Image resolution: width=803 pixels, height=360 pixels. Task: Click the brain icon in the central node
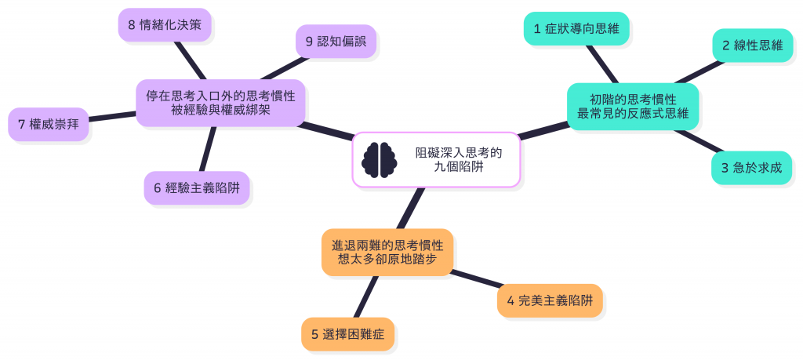(380, 159)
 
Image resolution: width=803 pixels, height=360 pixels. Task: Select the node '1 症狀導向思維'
(576, 28)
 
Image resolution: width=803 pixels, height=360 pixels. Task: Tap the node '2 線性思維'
(752, 45)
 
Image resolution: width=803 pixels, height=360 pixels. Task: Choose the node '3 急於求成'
(751, 168)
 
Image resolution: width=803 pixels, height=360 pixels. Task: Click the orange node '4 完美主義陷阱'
(550, 300)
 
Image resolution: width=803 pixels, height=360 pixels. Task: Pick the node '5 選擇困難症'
(347, 334)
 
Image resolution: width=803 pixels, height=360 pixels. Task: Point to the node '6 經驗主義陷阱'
(196, 188)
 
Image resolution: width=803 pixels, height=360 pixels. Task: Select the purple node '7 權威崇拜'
(48, 124)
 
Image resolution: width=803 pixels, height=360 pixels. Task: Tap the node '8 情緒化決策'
(165, 25)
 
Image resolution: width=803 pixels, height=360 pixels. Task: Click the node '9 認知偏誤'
(336, 42)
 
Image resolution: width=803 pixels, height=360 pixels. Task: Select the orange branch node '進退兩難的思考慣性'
(387, 253)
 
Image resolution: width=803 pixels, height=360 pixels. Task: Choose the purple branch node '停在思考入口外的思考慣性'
(220, 102)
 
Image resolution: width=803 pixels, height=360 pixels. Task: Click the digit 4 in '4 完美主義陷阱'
(511, 300)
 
